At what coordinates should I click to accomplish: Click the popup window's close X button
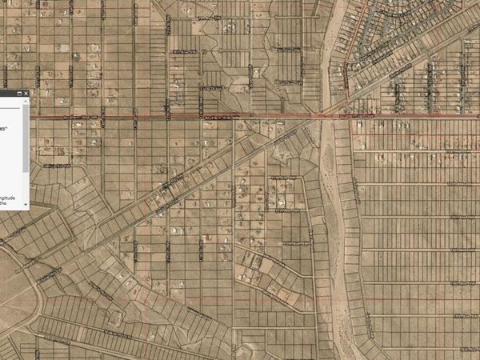click(26, 94)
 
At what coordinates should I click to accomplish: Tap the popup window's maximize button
click(19, 94)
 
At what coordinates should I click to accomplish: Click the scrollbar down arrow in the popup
click(26, 205)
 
